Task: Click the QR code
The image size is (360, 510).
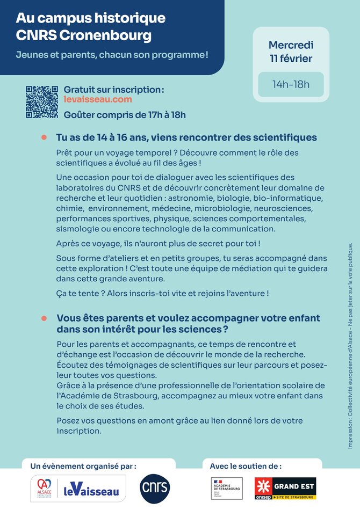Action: click(41, 102)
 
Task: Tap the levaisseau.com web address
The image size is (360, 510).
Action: click(90, 99)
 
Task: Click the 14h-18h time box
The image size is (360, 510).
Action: click(291, 84)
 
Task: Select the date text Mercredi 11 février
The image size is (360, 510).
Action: click(291, 52)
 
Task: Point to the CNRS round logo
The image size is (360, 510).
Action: click(155, 487)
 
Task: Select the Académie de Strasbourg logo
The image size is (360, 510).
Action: click(226, 488)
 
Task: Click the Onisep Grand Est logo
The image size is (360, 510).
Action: click(285, 488)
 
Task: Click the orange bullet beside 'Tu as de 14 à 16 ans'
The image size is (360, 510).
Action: click(45, 137)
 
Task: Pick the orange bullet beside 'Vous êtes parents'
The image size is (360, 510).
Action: click(45, 318)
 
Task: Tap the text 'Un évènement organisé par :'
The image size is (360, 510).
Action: click(83, 466)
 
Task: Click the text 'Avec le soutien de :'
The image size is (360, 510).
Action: click(246, 466)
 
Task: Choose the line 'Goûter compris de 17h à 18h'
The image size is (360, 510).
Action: click(124, 114)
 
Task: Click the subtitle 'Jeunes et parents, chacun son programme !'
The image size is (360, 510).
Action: click(112, 55)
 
